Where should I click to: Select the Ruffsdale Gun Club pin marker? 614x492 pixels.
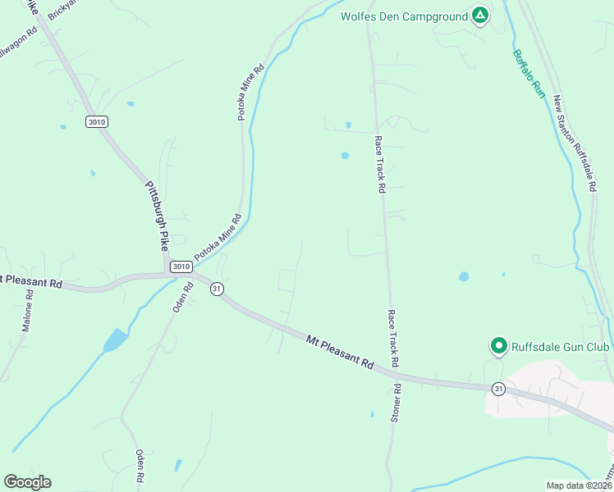click(497, 346)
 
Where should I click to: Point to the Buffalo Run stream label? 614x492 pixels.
click(529, 75)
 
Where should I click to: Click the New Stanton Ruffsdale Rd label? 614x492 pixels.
click(574, 144)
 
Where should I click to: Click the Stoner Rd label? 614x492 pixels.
click(396, 403)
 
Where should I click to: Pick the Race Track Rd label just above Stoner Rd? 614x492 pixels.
click(393, 337)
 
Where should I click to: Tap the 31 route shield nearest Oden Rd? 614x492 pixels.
click(217, 289)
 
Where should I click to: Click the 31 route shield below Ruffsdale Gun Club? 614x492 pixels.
click(498, 387)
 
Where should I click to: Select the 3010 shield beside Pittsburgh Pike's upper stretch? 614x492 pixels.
click(96, 121)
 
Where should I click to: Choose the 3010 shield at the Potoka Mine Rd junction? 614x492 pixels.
click(181, 266)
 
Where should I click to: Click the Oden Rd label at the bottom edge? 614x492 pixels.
click(140, 466)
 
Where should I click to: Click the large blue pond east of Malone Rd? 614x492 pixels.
click(116, 339)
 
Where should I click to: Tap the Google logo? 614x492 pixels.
click(27, 482)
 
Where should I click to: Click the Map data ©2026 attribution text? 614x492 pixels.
click(579, 485)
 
